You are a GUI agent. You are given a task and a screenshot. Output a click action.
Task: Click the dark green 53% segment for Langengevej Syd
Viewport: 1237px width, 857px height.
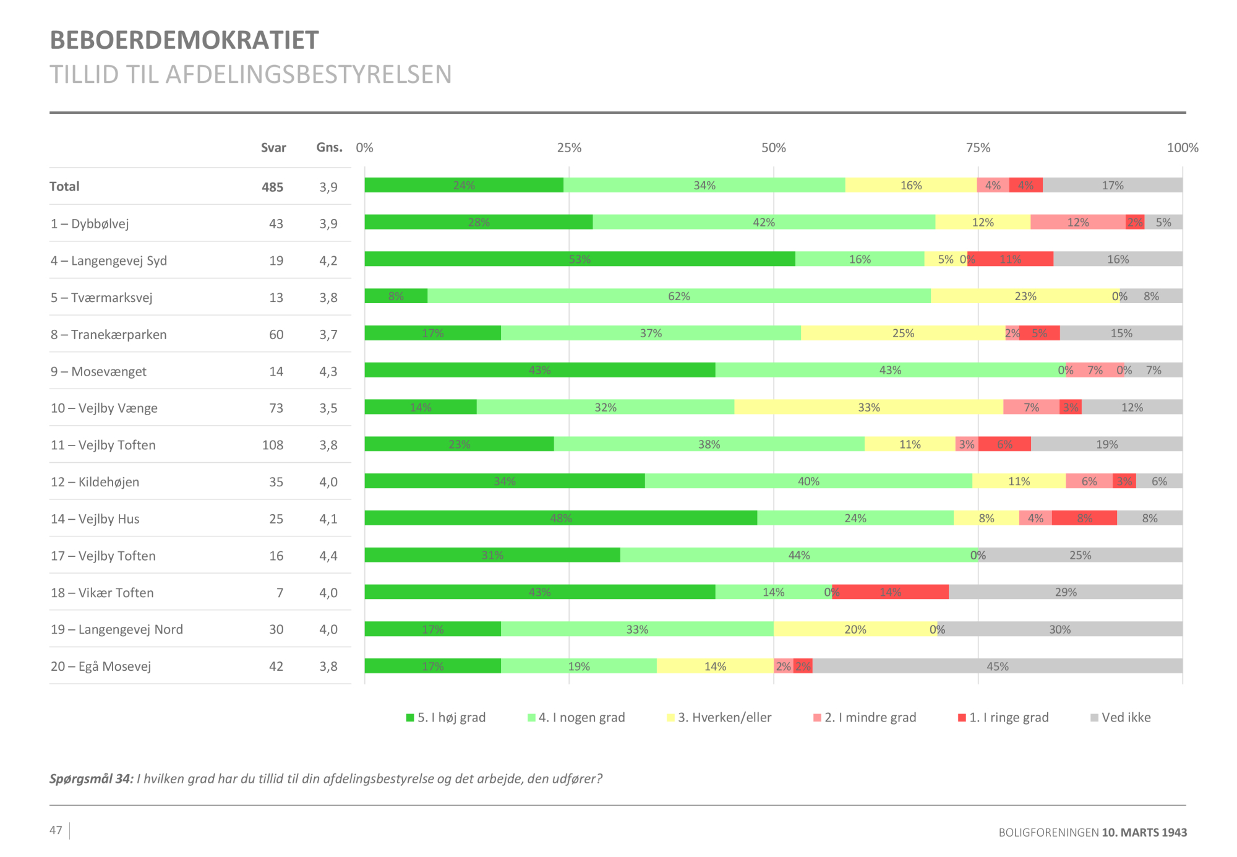tap(580, 259)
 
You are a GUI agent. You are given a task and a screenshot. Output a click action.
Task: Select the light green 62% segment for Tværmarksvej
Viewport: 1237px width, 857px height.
tap(678, 296)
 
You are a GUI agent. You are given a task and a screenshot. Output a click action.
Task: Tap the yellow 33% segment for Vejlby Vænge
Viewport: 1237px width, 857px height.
tap(868, 407)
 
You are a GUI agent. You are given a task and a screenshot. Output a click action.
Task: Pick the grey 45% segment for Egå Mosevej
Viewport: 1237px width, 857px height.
tap(997, 666)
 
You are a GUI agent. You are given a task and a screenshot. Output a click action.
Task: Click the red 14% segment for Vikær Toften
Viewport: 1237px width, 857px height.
tap(890, 592)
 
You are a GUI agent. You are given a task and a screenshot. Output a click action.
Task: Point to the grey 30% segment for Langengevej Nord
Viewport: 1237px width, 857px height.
tap(1059, 629)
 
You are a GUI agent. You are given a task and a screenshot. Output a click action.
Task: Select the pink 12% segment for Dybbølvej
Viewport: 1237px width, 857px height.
tap(1077, 222)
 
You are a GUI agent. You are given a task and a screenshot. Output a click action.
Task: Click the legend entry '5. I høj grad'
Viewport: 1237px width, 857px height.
tap(446, 717)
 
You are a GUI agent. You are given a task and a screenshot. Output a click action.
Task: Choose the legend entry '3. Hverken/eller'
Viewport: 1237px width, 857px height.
tap(719, 717)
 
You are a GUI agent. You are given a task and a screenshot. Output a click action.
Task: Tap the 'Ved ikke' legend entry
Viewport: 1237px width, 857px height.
tap(1121, 717)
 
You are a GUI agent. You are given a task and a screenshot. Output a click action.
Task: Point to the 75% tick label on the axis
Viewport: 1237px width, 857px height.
tap(978, 148)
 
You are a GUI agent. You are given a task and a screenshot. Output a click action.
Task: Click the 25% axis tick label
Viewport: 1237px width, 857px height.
tap(569, 148)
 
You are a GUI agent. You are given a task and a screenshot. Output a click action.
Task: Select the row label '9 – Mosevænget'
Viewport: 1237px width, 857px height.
tap(98, 371)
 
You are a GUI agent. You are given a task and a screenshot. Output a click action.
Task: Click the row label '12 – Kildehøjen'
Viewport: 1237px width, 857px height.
tap(95, 482)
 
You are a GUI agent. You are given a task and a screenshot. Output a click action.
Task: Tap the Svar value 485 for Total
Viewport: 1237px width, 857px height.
tap(272, 187)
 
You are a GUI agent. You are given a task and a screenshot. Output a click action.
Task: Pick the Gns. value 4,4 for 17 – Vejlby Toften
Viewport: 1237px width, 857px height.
tap(328, 556)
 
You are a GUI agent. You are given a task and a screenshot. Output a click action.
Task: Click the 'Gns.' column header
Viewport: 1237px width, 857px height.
tap(329, 147)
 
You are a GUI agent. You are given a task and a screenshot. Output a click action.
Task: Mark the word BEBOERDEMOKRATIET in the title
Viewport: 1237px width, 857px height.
tap(184, 40)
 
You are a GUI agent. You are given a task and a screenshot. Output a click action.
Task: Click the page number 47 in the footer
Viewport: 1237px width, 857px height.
tap(56, 830)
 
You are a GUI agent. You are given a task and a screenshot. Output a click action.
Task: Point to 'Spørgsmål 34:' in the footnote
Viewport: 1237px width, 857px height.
tap(92, 778)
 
